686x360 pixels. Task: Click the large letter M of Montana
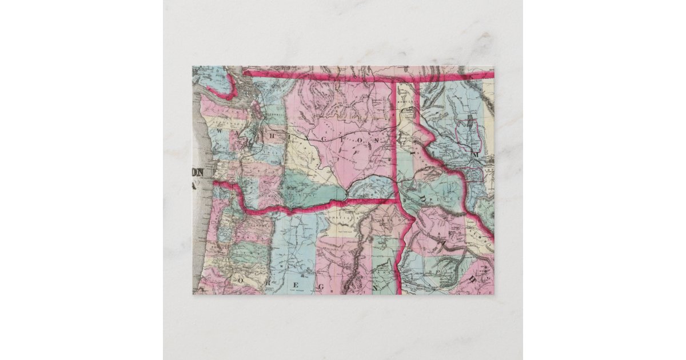[474, 154]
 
